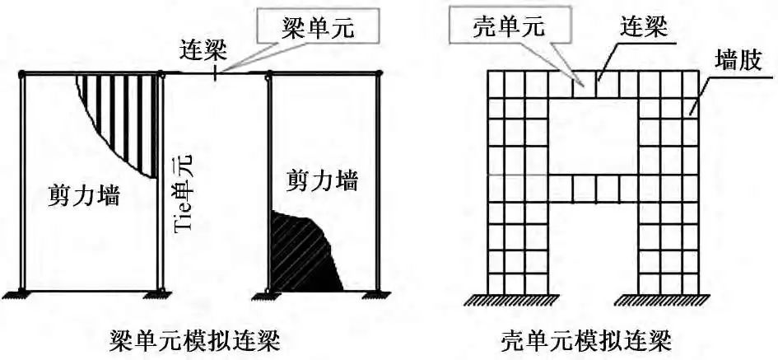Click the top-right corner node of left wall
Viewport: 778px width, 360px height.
click(161, 74)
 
